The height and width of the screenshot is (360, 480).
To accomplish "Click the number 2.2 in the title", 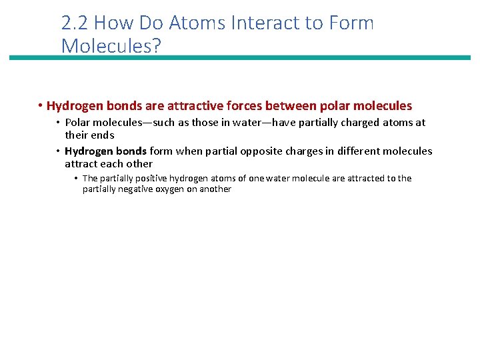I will coord(75,23).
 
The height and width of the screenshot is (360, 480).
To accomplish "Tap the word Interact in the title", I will coord(263,23).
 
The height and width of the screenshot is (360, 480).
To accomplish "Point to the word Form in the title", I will coord(351,23).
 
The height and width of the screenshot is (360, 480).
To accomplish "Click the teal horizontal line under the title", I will coord(240,58).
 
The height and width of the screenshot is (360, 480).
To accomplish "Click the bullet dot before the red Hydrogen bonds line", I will coord(41,106).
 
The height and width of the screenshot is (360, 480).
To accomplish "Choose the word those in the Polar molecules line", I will coord(190,123).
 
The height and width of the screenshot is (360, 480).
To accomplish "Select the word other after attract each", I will coord(140,163).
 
